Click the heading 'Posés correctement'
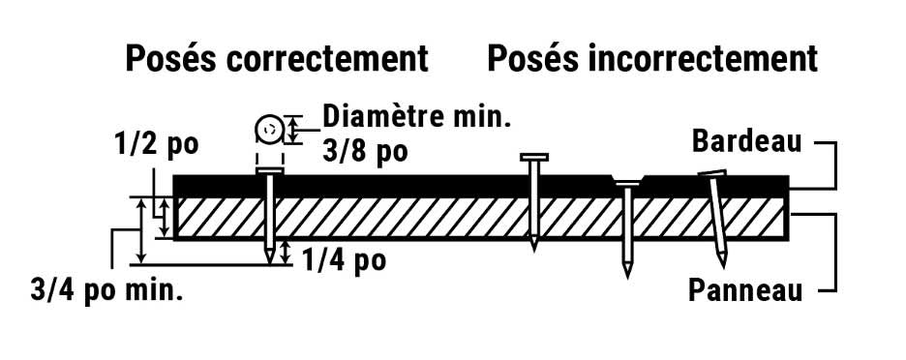(x=276, y=60)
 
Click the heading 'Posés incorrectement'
(x=651, y=60)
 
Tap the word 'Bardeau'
(x=746, y=141)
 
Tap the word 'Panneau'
(x=744, y=289)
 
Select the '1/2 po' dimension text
(x=156, y=144)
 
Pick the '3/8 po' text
(x=363, y=151)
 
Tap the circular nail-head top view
(x=269, y=129)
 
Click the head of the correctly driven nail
(x=269, y=172)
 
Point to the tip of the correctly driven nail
(x=269, y=261)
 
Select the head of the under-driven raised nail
(x=533, y=157)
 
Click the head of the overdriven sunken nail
(x=627, y=184)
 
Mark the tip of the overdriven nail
(x=627, y=275)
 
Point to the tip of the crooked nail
(x=723, y=263)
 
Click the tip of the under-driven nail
(x=533, y=249)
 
